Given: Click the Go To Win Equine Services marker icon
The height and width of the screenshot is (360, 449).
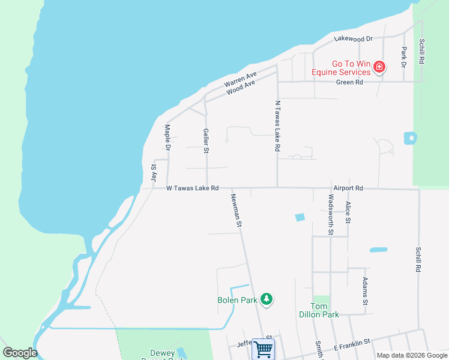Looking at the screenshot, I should [x=379, y=67].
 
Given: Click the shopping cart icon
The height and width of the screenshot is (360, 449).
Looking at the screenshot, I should [x=263, y=349].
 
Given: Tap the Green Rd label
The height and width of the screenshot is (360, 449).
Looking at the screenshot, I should [x=349, y=82].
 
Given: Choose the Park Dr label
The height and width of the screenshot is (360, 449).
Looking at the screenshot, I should [x=404, y=56].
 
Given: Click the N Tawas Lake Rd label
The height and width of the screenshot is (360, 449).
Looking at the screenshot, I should [x=277, y=125].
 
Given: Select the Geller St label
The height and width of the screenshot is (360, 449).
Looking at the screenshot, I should [x=206, y=141].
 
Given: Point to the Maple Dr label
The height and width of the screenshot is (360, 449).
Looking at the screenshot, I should [x=168, y=137].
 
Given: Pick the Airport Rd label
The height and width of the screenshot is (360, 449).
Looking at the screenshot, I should [x=348, y=188].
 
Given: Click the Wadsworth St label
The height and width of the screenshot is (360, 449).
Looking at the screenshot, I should [x=331, y=214].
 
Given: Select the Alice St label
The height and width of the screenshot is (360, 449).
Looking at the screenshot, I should [x=348, y=212].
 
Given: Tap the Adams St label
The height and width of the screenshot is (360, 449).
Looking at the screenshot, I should [x=364, y=289].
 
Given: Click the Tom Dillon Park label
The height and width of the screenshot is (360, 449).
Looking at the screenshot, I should [x=320, y=310].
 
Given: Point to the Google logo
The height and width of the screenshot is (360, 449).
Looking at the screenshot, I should [x=20, y=353].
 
